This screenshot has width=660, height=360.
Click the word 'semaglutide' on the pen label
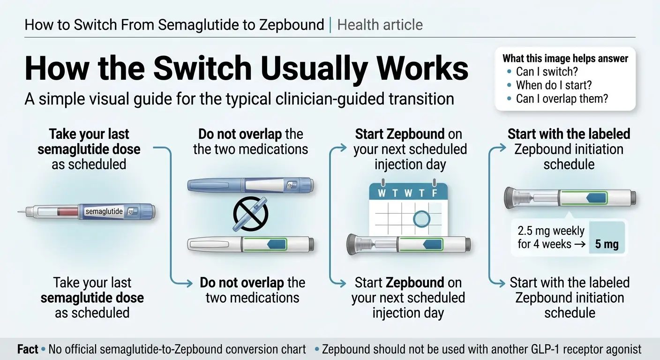104,211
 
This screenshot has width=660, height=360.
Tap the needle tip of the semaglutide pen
18,211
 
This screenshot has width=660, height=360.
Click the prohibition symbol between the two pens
250,214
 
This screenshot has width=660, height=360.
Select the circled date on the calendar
421,219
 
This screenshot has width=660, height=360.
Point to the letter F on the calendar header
435,193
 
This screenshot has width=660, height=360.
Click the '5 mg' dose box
607,238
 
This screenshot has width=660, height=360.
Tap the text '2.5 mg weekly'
551,231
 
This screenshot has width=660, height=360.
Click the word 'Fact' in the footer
28,349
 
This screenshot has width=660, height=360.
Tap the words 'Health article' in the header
380,25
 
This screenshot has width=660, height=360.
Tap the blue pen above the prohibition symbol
250,185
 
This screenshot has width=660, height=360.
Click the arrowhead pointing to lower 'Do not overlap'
188,284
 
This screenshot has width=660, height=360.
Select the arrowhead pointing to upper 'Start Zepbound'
342,148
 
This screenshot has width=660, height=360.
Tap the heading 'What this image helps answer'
565,58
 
